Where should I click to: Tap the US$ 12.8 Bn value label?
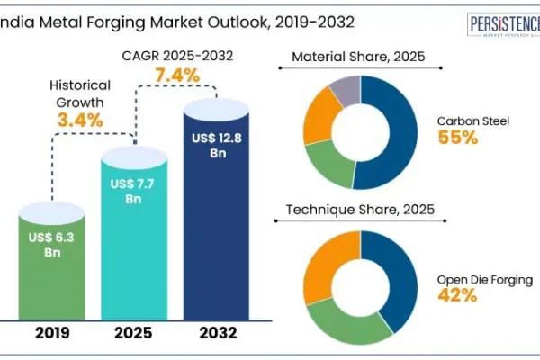pos(217,145)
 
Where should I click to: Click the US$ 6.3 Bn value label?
pos(51,245)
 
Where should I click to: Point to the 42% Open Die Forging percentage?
pos(457,294)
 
